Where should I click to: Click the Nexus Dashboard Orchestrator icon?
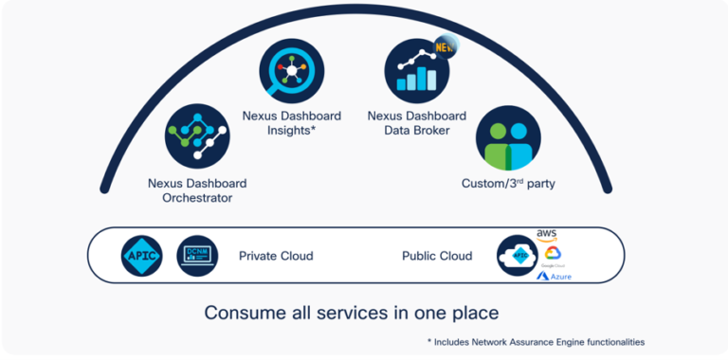197,136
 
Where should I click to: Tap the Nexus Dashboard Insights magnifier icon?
292,72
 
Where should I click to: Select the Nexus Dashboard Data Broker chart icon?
416,71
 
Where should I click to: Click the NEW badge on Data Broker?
444,46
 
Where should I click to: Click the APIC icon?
141,256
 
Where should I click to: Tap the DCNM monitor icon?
197,256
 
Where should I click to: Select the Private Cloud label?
276,256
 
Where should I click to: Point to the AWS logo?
547,234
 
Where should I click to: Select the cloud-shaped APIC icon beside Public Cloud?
518,256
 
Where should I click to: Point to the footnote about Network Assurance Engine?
536,341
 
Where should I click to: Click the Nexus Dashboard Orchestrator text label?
197,190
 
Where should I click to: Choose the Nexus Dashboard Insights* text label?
292,123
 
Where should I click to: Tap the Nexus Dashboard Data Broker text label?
416,123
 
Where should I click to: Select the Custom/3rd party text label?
508,183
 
